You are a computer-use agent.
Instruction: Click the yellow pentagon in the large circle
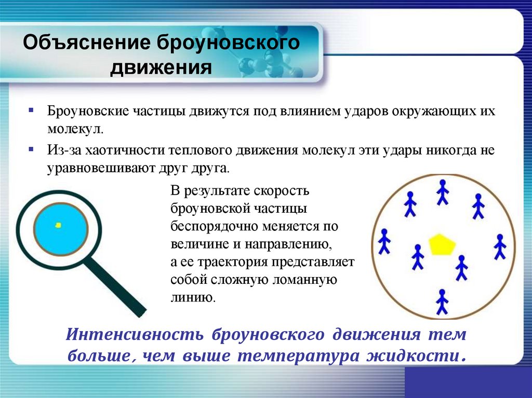(442, 244)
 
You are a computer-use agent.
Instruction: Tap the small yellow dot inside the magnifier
(58, 225)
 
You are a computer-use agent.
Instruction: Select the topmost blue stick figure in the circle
(442, 192)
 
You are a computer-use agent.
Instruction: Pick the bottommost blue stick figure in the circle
(442, 301)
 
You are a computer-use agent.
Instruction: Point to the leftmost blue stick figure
(384, 241)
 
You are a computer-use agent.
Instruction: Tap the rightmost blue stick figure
(500, 246)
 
